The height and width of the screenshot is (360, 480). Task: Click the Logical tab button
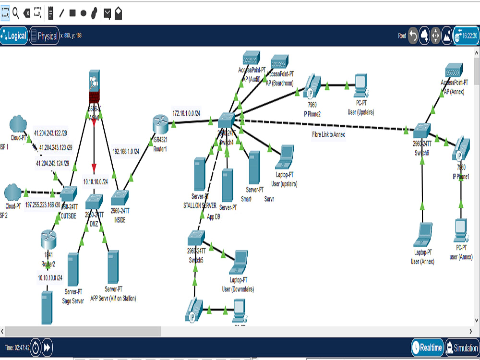[x=14, y=36]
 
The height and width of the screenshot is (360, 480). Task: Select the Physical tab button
[x=44, y=36]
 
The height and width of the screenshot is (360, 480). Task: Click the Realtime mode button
[x=427, y=348]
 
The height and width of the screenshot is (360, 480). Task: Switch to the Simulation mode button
[x=462, y=348]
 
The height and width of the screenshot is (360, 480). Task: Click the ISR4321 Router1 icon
[x=159, y=124]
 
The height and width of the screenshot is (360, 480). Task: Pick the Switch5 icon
[x=196, y=237]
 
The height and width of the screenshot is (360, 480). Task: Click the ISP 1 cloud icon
[x=17, y=122]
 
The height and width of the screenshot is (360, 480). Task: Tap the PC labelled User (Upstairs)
[x=360, y=85]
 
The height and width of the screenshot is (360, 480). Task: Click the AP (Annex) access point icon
[x=453, y=70]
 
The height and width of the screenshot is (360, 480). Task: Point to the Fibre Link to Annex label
[x=328, y=135]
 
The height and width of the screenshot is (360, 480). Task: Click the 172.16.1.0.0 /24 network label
[x=186, y=113]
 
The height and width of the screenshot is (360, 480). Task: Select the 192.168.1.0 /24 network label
[x=125, y=151]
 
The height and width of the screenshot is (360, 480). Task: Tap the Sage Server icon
[x=73, y=269]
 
